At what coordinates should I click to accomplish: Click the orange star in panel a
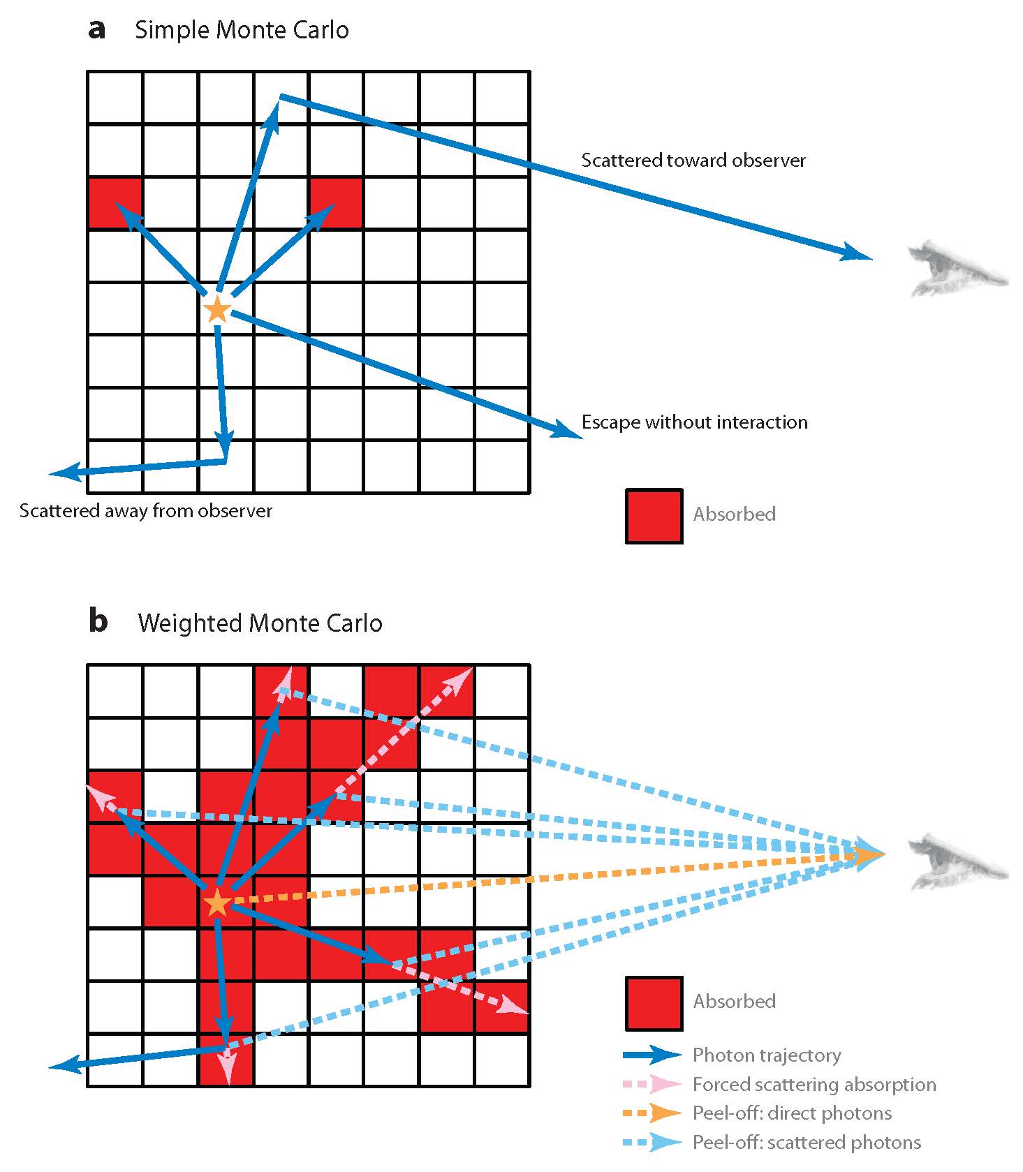coord(218,309)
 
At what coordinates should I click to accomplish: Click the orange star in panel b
coord(217,903)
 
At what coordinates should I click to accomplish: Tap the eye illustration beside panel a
coord(958,268)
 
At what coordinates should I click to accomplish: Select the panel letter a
coord(97,30)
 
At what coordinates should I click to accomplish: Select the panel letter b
coord(98,621)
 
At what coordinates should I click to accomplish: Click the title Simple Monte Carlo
coord(242,30)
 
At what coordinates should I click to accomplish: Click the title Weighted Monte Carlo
coord(260,623)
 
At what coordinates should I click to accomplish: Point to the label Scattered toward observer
coord(693,160)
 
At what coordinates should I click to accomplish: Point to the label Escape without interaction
coord(695,422)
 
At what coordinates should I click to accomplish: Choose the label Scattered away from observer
coord(146,510)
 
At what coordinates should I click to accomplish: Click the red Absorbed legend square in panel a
coord(654,516)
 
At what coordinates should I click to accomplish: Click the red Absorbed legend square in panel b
coord(654,1003)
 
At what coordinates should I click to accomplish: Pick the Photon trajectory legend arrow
coord(652,1054)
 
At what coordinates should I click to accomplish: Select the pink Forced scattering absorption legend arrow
coord(652,1083)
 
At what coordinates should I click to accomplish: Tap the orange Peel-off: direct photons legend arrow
coord(652,1113)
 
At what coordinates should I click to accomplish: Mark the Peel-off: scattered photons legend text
coord(807,1142)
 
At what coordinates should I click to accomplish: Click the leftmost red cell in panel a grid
coord(115,203)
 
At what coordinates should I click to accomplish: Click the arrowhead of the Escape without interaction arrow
coord(568,430)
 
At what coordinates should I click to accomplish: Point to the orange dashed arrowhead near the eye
coord(871,854)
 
